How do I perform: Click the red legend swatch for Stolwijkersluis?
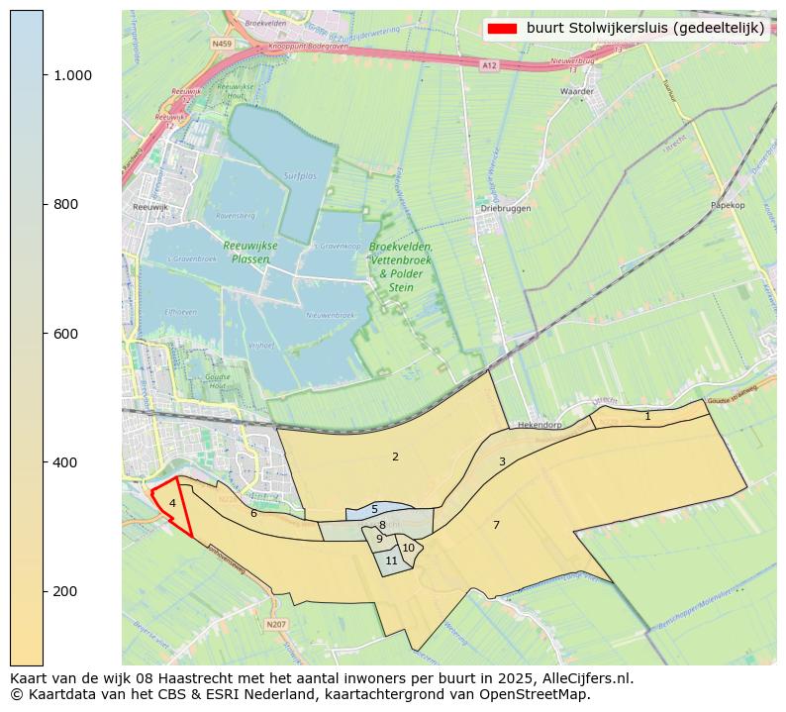pyautogui.click(x=503, y=28)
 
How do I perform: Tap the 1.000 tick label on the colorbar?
pyautogui.click(x=72, y=75)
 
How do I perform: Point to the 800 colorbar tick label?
pyautogui.click(x=64, y=204)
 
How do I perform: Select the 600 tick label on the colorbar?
pyautogui.click(x=64, y=334)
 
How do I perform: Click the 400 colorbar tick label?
pyautogui.click(x=64, y=462)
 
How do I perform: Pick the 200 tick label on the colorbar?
pyautogui.click(x=64, y=591)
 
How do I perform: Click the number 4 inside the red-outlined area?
pyautogui.click(x=172, y=503)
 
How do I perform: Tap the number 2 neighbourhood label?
pyautogui.click(x=395, y=457)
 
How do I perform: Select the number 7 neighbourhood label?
pyautogui.click(x=496, y=525)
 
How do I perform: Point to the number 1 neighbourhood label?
pyautogui.click(x=647, y=416)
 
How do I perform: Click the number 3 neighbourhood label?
pyautogui.click(x=502, y=461)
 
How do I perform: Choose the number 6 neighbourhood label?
pyautogui.click(x=253, y=513)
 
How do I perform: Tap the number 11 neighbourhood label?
pyautogui.click(x=391, y=560)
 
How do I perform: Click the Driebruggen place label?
pyautogui.click(x=505, y=209)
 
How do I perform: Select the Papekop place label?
pyautogui.click(x=727, y=205)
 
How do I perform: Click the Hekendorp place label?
pyautogui.click(x=540, y=424)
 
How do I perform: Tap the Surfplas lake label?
pyautogui.click(x=300, y=175)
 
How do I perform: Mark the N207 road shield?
pyautogui.click(x=275, y=624)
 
